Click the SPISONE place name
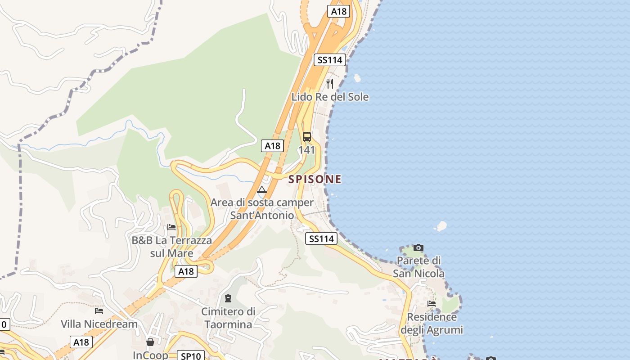[315, 179]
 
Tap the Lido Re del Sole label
[330, 97]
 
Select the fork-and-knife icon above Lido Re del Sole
[330, 83]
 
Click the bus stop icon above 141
[307, 137]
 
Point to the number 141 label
[307, 150]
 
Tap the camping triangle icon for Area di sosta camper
[262, 189]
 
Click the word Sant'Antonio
[262, 216]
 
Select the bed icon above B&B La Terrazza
[171, 227]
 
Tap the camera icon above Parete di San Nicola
[418, 247]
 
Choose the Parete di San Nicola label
[418, 267]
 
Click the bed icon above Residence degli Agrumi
[432, 304]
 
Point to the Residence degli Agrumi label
[432, 324]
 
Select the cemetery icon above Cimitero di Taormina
[228, 298]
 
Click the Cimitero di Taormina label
[228, 318]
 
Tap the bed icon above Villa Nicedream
[99, 310]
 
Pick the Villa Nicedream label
[99, 324]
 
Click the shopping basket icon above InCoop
[150, 342]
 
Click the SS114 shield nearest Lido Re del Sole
[329, 60]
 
